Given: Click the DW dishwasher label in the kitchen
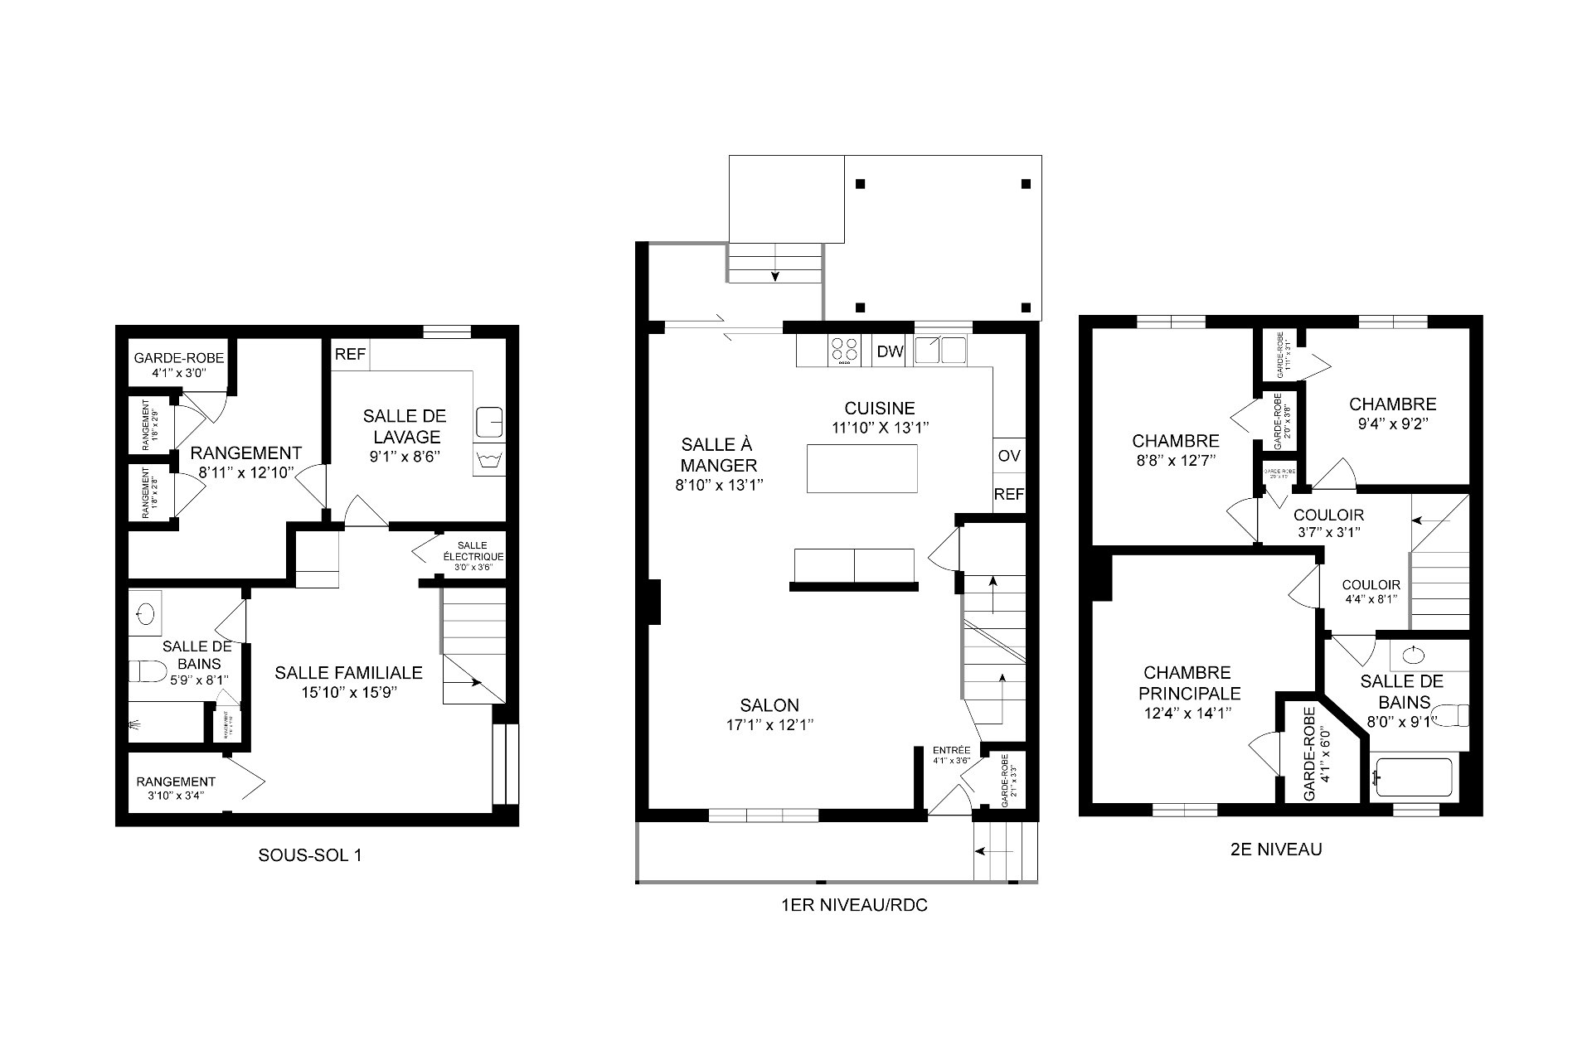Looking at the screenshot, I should click(890, 351).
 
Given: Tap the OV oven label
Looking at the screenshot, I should click(1009, 456).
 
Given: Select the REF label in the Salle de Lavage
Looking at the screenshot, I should click(350, 355).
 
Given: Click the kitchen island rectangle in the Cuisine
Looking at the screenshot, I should click(862, 468).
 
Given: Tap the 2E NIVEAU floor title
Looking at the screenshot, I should click(1276, 849).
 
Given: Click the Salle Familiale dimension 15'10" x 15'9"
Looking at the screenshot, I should click(349, 693).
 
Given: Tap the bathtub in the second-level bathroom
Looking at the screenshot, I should click(1412, 778).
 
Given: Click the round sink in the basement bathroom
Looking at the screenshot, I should click(146, 614).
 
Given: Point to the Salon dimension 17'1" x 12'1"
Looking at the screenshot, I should click(769, 725).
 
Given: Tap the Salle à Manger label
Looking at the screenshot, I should click(719, 455).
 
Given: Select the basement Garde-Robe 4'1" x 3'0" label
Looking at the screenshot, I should click(178, 365).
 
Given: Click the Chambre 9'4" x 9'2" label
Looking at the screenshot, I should click(1392, 414).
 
